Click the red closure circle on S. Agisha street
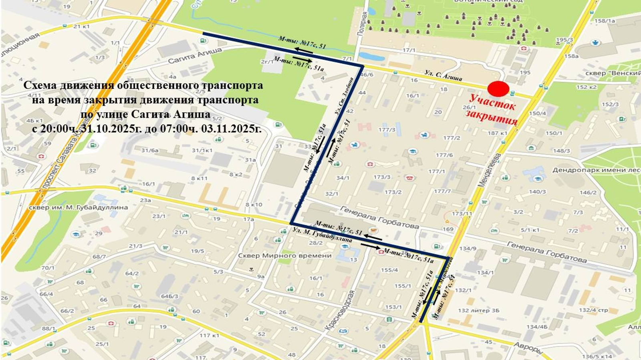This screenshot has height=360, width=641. [x=498, y=89]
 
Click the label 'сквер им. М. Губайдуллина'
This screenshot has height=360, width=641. [x=78, y=207]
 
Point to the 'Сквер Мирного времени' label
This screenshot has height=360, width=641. [x=285, y=255]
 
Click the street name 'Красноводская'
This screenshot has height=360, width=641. [x=340, y=310]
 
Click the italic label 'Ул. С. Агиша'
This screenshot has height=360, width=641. [x=443, y=75]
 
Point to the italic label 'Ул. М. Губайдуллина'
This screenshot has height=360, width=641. [x=322, y=235]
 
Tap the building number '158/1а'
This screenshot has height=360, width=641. [x=605, y=21]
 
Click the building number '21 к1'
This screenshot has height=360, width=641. [x=81, y=26]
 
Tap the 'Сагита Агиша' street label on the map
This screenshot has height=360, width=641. [x=195, y=56]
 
